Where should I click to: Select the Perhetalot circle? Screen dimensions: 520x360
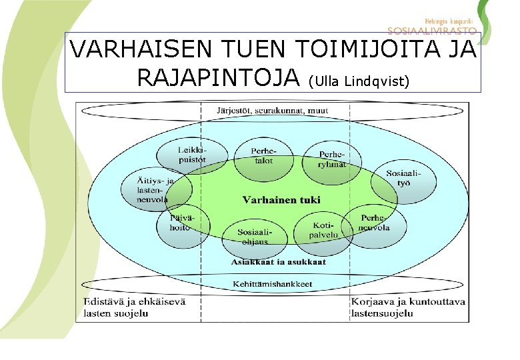pyautogui.click(x=263, y=156)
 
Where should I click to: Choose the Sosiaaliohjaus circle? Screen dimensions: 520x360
pyautogui.click(x=253, y=235)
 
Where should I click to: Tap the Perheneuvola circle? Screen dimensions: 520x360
pyautogui.click(x=374, y=223)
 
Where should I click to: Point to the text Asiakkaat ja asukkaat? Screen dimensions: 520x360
pyautogui.click(x=279, y=262)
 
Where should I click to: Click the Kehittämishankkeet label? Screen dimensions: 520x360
pyautogui.click(x=272, y=285)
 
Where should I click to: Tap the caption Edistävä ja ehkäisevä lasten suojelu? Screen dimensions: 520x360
pyautogui.click(x=134, y=307)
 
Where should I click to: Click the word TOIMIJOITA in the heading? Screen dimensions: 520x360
pyautogui.click(x=351, y=50)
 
